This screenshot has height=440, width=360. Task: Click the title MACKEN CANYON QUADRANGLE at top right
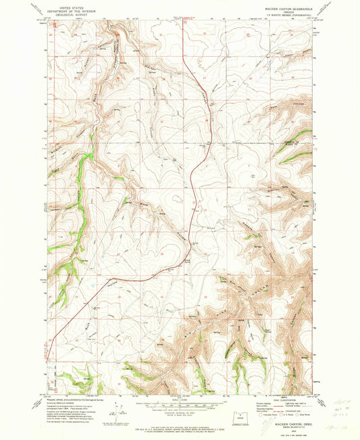point(284,8)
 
